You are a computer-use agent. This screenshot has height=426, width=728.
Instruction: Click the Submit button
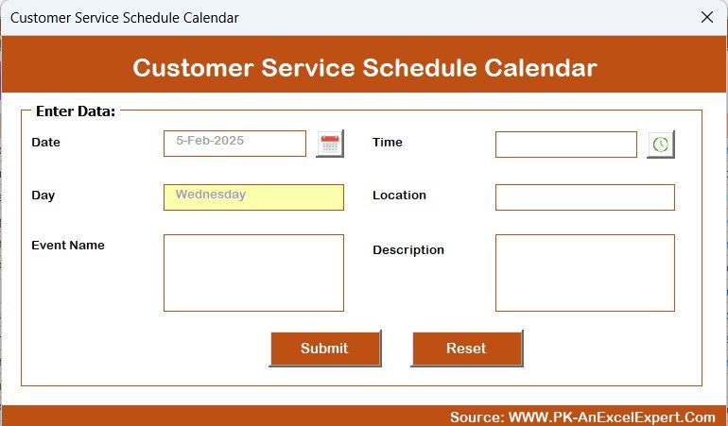point(325,349)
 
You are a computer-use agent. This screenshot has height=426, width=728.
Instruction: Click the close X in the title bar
point(707,17)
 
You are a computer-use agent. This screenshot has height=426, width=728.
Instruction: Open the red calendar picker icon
point(330,144)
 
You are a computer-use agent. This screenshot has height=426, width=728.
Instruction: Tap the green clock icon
point(661,145)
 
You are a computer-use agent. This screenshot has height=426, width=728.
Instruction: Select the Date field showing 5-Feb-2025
point(234,144)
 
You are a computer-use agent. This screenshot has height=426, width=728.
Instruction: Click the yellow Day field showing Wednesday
point(253,197)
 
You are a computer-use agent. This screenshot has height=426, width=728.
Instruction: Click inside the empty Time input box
point(566,145)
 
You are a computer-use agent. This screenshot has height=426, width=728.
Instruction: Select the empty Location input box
point(585,197)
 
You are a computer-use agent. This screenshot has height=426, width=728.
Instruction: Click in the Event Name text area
point(253,273)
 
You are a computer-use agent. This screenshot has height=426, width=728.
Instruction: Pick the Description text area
point(585,273)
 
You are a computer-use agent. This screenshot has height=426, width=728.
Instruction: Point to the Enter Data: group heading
point(76,111)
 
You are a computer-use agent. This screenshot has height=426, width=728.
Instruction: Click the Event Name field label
point(68,245)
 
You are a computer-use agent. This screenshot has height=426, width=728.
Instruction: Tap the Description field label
point(408,250)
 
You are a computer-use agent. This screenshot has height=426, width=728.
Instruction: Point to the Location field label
point(399,195)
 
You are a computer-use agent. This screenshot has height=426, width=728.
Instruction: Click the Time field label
point(388,142)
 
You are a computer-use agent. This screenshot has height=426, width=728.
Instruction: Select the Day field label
point(43,196)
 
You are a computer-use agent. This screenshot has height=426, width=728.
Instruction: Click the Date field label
point(46,142)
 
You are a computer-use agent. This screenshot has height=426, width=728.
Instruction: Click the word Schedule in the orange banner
point(420,68)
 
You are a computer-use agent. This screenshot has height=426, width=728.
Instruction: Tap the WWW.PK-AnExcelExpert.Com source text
point(612,417)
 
